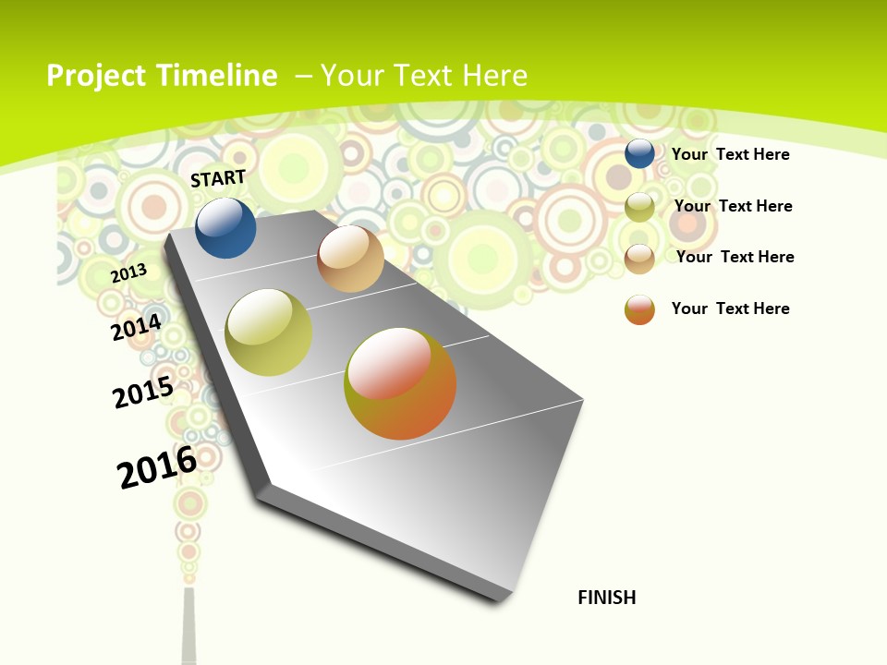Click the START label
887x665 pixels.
click(218, 178)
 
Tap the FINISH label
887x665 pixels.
click(607, 598)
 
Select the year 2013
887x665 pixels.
click(129, 272)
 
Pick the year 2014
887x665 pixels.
click(137, 327)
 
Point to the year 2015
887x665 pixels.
click(143, 392)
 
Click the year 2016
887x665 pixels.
click(157, 466)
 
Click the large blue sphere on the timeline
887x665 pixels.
click(225, 228)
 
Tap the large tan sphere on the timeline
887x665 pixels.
click(350, 259)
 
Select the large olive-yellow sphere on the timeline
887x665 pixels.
click(269, 332)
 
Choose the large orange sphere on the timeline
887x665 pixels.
click(400, 383)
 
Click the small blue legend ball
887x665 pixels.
click(639, 153)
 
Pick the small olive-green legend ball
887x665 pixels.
click(639, 207)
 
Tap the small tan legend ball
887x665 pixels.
click(639, 259)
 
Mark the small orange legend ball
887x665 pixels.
click(639, 309)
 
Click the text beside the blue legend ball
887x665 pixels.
click(730, 154)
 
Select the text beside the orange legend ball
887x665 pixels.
click(730, 308)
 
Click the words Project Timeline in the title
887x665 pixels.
click(162, 76)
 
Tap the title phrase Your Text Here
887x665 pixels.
click(424, 76)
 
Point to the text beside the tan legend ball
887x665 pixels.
click(735, 257)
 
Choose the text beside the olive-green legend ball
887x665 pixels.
click(733, 206)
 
